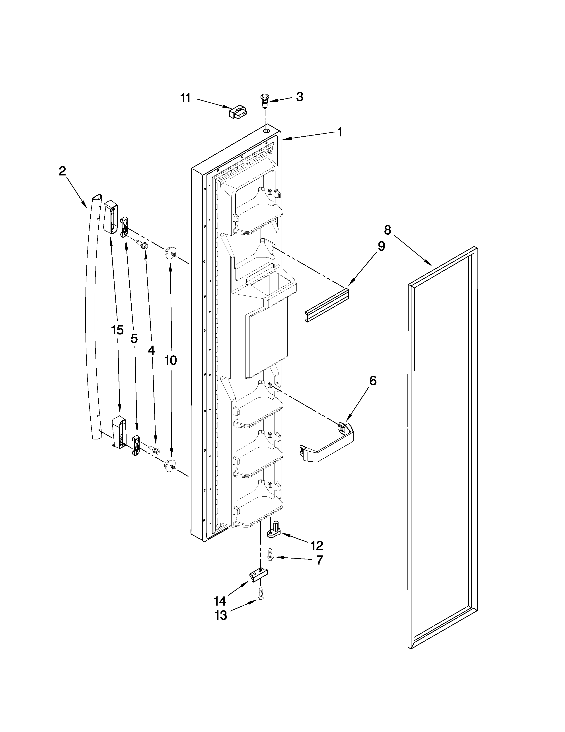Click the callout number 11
(185, 98)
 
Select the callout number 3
(300, 97)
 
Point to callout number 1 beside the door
(340, 132)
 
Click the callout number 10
(170, 360)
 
